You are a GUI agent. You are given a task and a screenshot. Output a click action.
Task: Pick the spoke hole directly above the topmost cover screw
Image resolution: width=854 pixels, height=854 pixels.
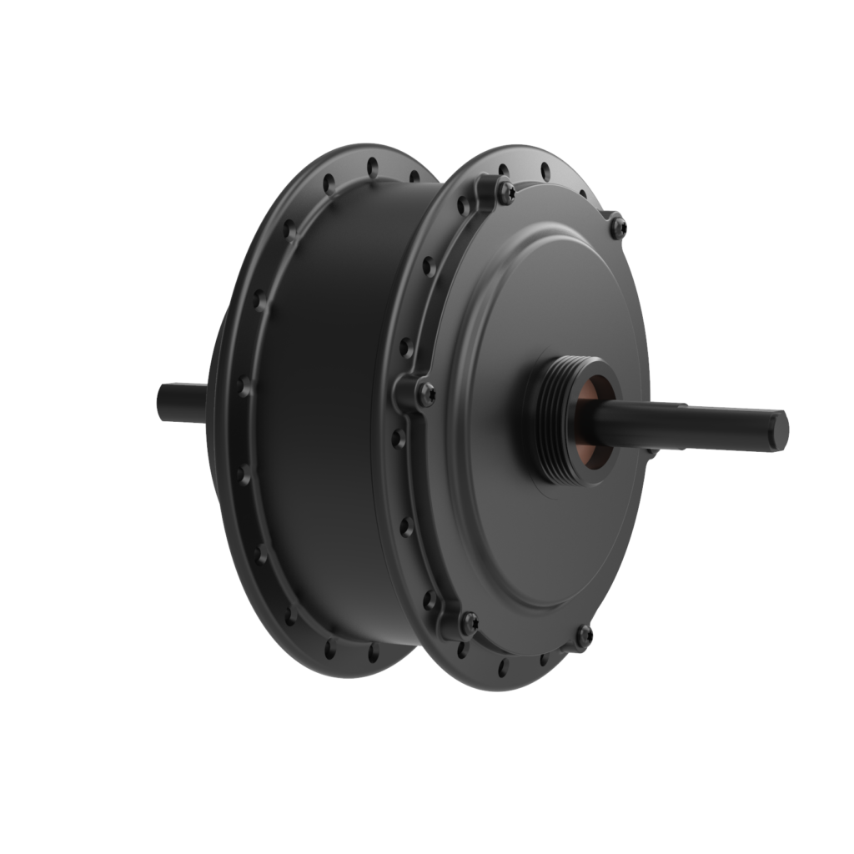tap(502, 171)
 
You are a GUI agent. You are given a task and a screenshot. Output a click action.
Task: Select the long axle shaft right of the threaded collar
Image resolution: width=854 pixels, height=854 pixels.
tap(692, 417)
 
